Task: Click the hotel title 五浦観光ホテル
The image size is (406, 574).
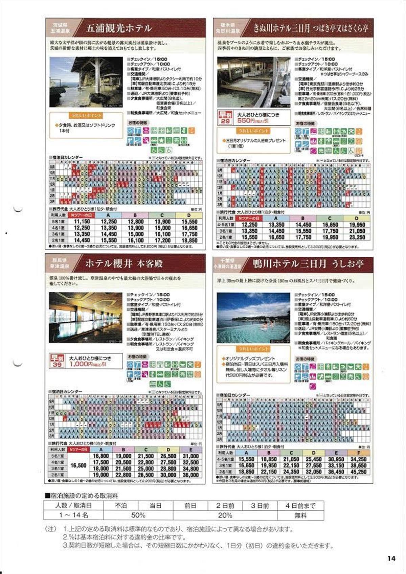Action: (x=119, y=28)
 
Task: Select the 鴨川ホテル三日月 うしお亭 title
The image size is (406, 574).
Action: (x=308, y=264)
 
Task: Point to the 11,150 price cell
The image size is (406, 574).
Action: (x=82, y=222)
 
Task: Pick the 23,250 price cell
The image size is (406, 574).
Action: (x=357, y=237)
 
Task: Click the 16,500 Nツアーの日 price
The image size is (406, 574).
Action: (x=78, y=465)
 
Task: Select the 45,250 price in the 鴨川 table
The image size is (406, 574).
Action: (x=359, y=472)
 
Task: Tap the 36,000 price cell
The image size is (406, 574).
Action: (x=191, y=475)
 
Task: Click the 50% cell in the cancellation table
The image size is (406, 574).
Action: (x=138, y=515)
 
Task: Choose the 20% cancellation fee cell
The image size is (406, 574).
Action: (x=225, y=515)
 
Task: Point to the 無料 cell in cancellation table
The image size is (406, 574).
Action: (x=300, y=515)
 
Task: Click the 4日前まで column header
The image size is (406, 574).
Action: (x=300, y=506)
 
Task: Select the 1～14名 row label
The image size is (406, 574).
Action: (x=73, y=515)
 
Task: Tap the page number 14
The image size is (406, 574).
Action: (x=391, y=558)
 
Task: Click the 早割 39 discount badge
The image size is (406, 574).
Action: (x=57, y=361)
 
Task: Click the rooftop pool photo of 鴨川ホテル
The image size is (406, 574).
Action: (x=253, y=318)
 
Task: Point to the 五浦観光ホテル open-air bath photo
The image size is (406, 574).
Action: (x=86, y=82)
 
